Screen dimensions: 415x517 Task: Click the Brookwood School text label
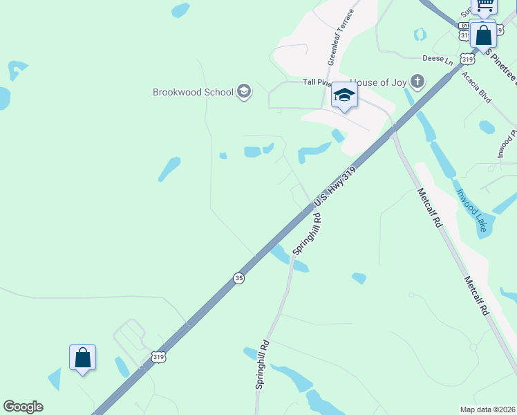click(193, 91)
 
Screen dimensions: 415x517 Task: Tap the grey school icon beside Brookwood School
click(243, 91)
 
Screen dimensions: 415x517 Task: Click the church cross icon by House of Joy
click(417, 82)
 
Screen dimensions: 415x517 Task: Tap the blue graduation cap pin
click(344, 95)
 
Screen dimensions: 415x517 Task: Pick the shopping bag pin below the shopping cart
click(484, 34)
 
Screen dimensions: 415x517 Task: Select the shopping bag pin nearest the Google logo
click(82, 358)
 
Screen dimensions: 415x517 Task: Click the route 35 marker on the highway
click(239, 277)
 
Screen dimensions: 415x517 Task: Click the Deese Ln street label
click(437, 60)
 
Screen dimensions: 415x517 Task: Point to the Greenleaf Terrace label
click(341, 37)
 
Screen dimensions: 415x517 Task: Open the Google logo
click(23, 407)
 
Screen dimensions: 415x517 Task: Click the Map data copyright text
click(487, 409)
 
